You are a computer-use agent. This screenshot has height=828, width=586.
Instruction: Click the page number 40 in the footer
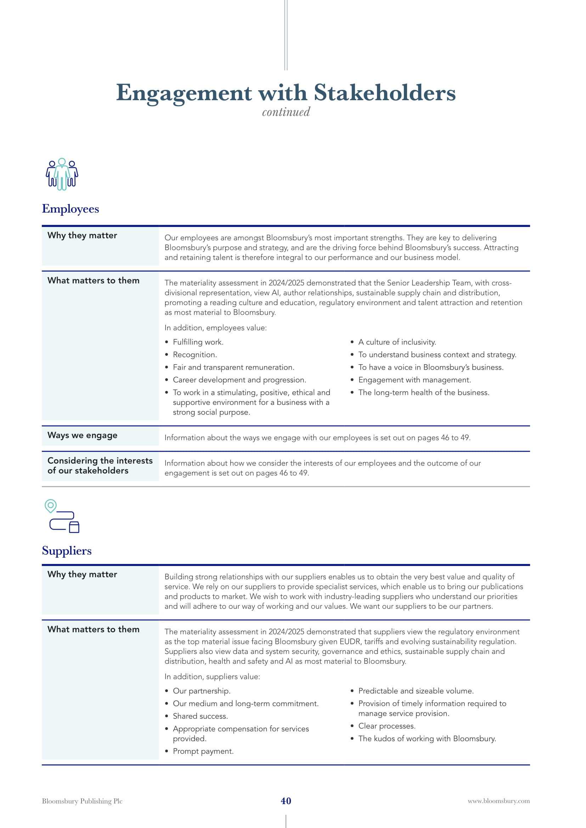(286, 801)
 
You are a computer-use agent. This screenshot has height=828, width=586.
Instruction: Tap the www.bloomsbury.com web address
(499, 801)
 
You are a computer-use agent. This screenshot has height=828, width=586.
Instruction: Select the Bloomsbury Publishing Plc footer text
(82, 801)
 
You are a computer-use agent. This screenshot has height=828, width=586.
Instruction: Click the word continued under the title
(286, 112)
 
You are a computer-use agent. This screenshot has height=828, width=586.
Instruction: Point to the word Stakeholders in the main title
(385, 93)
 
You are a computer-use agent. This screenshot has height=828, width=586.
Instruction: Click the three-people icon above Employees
(62, 174)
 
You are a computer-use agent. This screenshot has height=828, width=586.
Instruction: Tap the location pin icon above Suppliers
(51, 506)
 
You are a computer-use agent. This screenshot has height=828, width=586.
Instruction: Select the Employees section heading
(71, 209)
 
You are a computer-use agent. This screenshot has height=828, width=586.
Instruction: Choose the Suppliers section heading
(67, 551)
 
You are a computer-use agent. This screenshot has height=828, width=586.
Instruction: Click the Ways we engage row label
(82, 435)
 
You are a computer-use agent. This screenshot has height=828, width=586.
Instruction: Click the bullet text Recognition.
(195, 355)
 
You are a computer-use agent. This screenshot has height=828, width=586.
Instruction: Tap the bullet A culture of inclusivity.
(397, 342)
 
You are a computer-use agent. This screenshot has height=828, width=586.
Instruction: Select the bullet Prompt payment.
(203, 751)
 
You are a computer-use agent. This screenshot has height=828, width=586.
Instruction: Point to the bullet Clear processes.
(387, 726)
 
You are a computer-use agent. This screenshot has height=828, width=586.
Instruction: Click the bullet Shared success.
(200, 716)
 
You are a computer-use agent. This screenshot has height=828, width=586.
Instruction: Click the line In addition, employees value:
(215, 328)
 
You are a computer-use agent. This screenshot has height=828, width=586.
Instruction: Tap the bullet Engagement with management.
(414, 380)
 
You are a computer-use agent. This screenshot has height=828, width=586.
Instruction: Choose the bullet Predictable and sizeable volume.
(416, 691)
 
